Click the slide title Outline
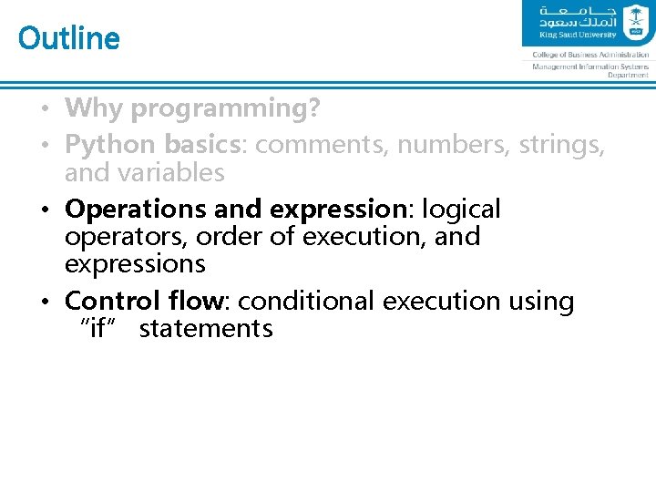[69, 38]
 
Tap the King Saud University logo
[589, 23]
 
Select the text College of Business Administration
[590, 55]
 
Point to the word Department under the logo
[629, 76]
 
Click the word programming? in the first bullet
[225, 109]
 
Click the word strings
[561, 145]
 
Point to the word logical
[463, 210]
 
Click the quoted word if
[97, 328]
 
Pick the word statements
[206, 328]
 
